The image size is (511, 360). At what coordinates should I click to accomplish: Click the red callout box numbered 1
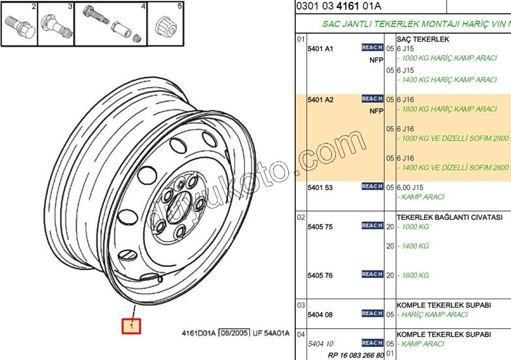pyautogui.click(x=131, y=326)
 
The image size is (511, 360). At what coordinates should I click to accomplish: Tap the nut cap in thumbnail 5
pyautogui.click(x=165, y=27)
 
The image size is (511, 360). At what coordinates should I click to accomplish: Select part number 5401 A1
pyautogui.click(x=320, y=48)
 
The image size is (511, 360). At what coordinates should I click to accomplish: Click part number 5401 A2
pyautogui.click(x=320, y=99)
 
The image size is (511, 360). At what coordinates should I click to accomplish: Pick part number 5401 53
pyautogui.click(x=320, y=188)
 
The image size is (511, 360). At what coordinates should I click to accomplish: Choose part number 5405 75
pyautogui.click(x=320, y=227)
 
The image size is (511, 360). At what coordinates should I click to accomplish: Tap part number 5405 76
pyautogui.click(x=320, y=275)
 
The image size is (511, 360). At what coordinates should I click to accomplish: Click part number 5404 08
pyautogui.click(x=320, y=314)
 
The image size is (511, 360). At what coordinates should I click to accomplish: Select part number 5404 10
pyautogui.click(x=320, y=344)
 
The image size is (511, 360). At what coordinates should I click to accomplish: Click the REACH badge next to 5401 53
pyautogui.click(x=372, y=187)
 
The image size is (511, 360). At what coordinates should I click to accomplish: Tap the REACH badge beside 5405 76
pyautogui.click(x=372, y=275)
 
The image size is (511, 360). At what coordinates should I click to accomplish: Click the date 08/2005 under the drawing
pyautogui.click(x=233, y=333)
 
